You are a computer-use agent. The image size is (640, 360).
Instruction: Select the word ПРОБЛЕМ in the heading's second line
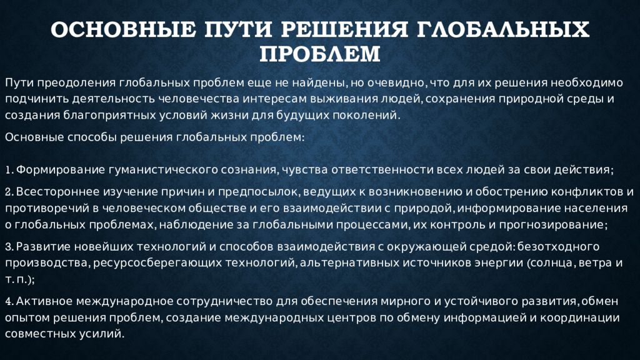319,54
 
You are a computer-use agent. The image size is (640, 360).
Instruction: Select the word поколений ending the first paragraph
367,116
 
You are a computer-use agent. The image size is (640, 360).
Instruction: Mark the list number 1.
8,170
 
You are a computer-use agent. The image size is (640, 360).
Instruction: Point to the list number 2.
8,192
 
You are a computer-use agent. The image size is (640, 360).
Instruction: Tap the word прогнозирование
550,224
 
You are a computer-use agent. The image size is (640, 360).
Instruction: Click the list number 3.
8,247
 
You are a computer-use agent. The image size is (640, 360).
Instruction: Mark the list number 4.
8,301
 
